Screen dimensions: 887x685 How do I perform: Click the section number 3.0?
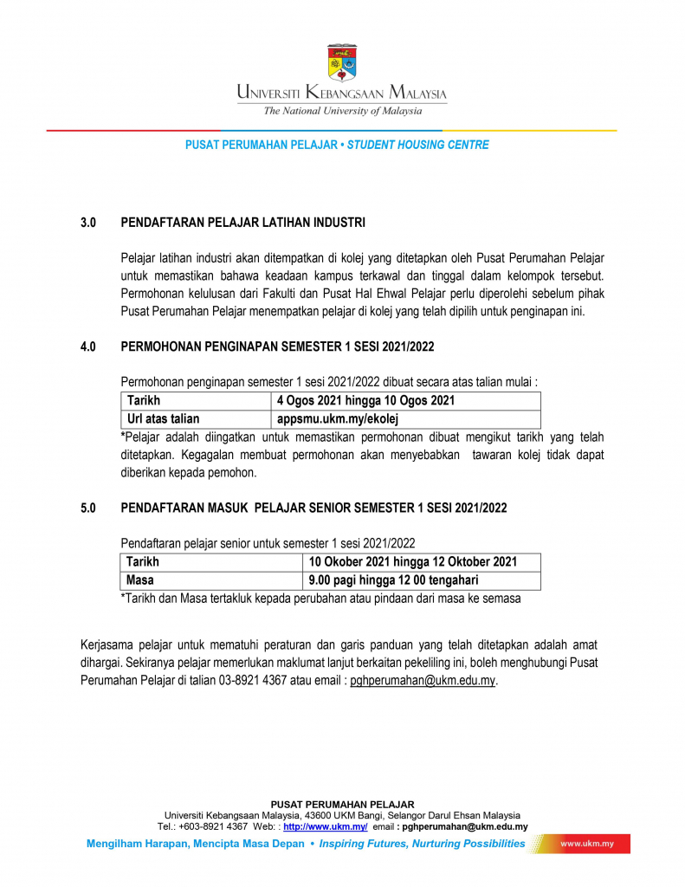point(87,223)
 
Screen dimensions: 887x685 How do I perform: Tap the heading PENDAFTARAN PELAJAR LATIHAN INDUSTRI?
point(243,223)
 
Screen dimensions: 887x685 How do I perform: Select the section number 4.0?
point(87,346)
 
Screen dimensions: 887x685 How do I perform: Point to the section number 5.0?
point(87,508)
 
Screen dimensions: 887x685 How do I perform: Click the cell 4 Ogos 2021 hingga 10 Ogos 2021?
point(365,400)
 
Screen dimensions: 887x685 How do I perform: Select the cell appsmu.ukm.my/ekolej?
point(337,419)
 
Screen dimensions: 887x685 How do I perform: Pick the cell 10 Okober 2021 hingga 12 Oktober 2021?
point(412,562)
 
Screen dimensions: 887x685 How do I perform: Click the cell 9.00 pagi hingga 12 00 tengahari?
point(393,580)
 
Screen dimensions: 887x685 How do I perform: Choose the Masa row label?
point(140,580)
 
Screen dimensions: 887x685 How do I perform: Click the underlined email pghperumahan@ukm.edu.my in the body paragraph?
point(423,681)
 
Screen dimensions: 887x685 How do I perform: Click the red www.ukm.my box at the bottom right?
point(587,844)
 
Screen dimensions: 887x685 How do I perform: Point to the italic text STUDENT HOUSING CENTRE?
point(417,145)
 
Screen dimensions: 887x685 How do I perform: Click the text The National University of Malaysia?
point(343,111)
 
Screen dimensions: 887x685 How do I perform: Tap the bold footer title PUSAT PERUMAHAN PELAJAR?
point(342,804)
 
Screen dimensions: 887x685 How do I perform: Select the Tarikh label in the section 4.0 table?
point(144,400)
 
